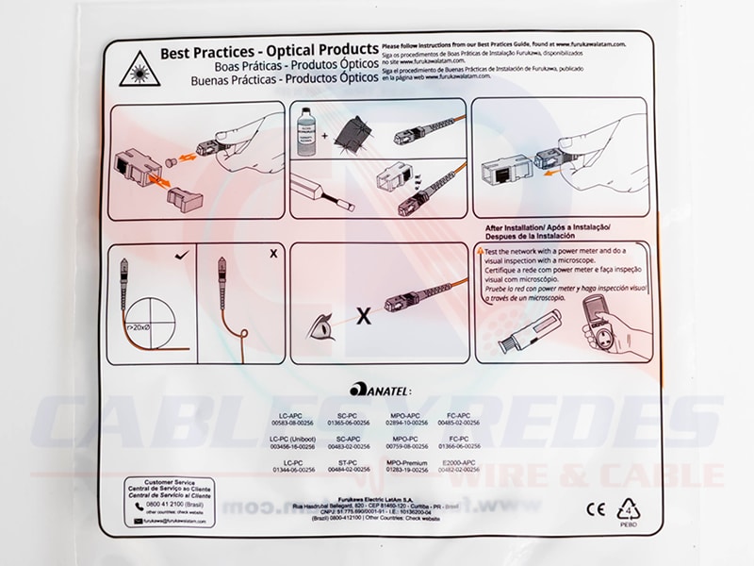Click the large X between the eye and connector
(x=362, y=317)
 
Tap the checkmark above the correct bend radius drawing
(x=183, y=255)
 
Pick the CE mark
(x=596, y=509)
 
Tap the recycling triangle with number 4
(x=629, y=511)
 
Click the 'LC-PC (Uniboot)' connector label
(x=292, y=440)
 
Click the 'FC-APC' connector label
(x=459, y=416)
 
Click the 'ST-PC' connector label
(x=348, y=463)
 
